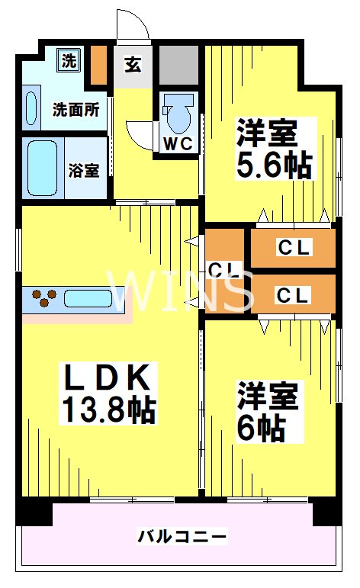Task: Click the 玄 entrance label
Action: pyautogui.click(x=133, y=64)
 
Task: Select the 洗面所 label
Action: pyautogui.click(x=76, y=109)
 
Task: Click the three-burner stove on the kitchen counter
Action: pyautogui.click(x=42, y=297)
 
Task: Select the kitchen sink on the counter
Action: pyautogui.click(x=88, y=297)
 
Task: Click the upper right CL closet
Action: pyautogui.click(x=293, y=247)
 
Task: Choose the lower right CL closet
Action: pyautogui.click(x=293, y=295)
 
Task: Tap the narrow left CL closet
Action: pyautogui.click(x=225, y=271)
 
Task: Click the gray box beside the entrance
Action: pyautogui.click(x=178, y=66)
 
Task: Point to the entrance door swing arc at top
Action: pyautogui.click(x=131, y=24)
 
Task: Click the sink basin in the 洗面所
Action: pyautogui.click(x=31, y=108)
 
